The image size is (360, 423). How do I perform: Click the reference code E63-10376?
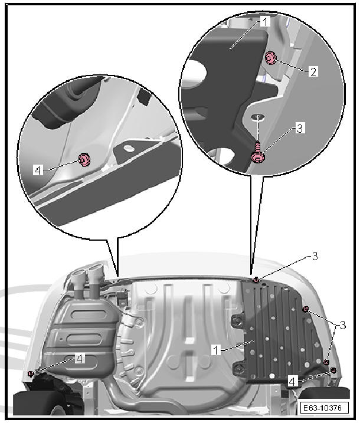click(x=325, y=407)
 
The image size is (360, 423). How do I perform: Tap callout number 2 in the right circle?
click(x=313, y=72)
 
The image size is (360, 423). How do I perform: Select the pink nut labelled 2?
click(x=270, y=58)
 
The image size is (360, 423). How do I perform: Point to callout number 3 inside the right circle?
click(x=300, y=129)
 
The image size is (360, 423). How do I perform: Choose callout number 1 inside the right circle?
click(x=265, y=22)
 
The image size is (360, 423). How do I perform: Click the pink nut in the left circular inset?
click(x=84, y=159)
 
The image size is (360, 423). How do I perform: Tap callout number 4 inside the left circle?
click(x=38, y=170)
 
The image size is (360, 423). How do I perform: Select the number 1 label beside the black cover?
click(x=216, y=350)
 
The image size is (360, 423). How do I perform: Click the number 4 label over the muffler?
click(x=79, y=359)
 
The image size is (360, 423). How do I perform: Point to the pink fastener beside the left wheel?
click(x=31, y=373)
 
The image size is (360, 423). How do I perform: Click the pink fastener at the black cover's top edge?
click(x=256, y=281)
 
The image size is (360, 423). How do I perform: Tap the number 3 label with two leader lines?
click(x=342, y=325)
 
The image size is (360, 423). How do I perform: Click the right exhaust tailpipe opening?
click(x=95, y=268)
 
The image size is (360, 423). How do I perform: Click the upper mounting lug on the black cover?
click(x=238, y=321)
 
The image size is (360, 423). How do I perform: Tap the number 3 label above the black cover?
click(x=315, y=256)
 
